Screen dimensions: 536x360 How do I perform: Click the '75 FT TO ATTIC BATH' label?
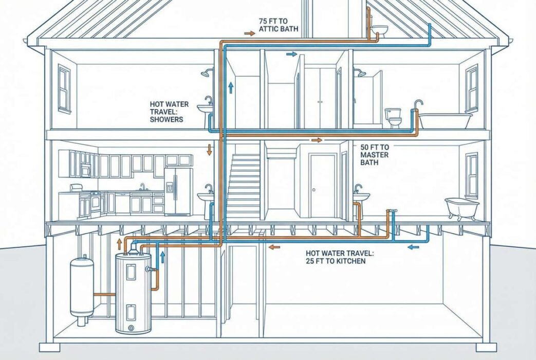278,25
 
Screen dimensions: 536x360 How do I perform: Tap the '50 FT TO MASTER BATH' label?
375,155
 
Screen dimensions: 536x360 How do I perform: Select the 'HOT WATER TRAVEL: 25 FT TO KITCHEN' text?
340,257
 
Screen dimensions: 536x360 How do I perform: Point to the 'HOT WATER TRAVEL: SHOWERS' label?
169,112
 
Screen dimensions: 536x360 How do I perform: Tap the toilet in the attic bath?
379,31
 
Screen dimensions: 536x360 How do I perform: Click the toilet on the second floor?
393,118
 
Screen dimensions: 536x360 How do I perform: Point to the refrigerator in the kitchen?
177,191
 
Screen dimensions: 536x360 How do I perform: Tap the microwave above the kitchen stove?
86,170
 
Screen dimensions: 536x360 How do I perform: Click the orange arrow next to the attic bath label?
250,33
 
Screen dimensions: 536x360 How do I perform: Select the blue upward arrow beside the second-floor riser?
231,87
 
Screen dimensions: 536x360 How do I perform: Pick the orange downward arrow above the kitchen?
209,150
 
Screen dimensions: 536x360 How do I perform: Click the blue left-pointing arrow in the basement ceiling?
414,246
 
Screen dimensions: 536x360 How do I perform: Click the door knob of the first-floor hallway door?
313,190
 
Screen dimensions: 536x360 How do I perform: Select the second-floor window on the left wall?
64,89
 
